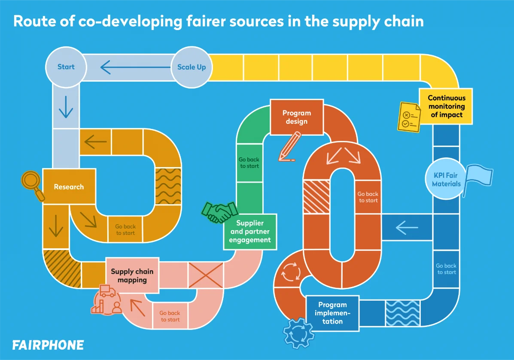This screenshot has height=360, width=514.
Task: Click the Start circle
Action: (66, 67)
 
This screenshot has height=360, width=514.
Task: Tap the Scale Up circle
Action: (192, 67)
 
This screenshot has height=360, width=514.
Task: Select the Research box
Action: (69, 187)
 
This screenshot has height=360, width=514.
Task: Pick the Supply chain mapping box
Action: (132, 275)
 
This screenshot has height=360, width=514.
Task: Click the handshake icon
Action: (220, 211)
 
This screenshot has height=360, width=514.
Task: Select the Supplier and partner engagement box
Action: (250, 232)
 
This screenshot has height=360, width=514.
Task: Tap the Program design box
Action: (296, 116)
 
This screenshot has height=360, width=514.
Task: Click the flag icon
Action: (478, 180)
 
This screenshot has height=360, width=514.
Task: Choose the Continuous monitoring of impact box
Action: (446, 107)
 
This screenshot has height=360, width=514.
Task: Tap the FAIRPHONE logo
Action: (48, 345)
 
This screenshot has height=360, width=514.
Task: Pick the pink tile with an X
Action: (206, 275)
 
